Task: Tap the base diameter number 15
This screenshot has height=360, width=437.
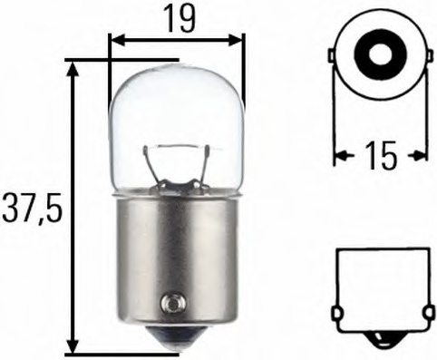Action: (x=382, y=156)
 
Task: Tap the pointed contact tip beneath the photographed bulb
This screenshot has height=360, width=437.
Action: (x=178, y=341)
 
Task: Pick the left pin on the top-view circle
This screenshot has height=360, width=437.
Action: (x=331, y=55)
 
